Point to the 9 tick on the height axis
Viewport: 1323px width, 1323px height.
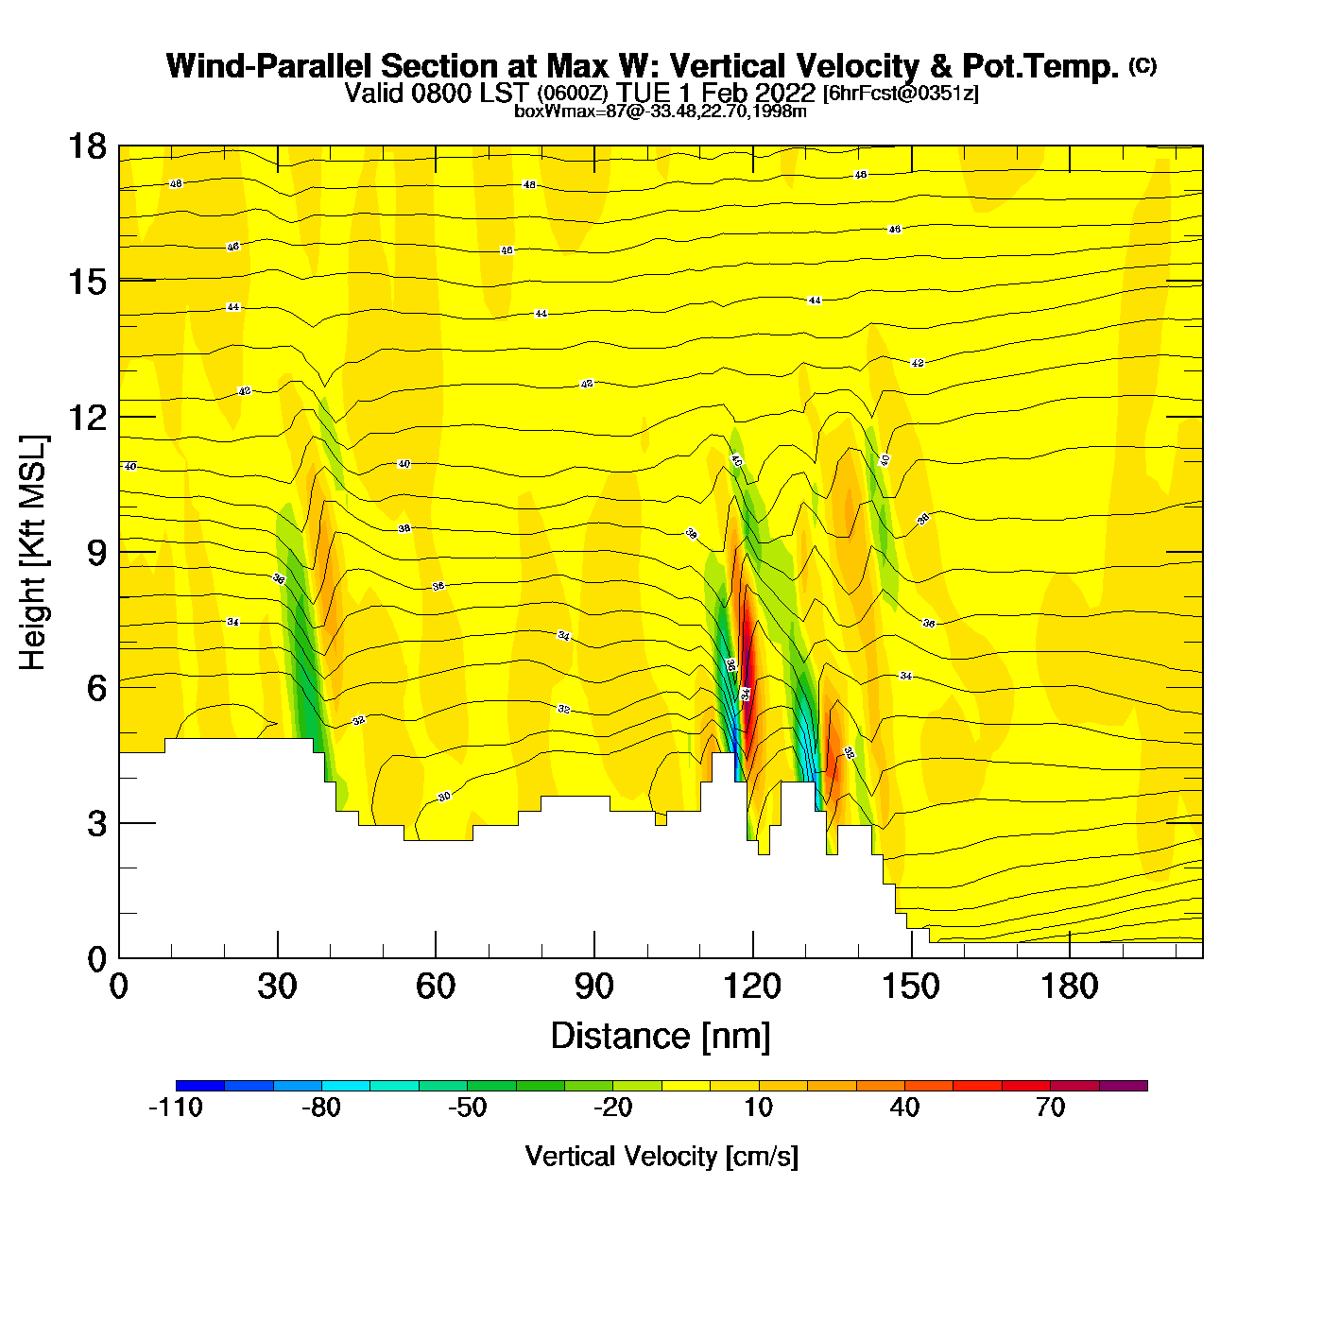click(x=119, y=552)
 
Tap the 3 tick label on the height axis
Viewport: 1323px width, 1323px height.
click(x=97, y=824)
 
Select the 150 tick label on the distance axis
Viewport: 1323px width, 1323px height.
click(x=911, y=987)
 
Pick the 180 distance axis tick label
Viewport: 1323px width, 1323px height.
click(x=1070, y=987)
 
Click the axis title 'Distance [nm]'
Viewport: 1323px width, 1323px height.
click(x=661, y=1036)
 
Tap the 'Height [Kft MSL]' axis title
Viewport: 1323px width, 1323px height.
click(x=33, y=553)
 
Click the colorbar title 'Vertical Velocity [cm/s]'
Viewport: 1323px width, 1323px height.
click(x=661, y=1156)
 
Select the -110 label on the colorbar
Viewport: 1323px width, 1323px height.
click(x=176, y=1108)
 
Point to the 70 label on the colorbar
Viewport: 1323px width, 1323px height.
click(x=1050, y=1108)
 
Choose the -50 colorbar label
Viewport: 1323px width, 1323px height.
click(x=467, y=1108)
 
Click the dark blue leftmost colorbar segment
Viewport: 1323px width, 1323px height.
click(x=200, y=1086)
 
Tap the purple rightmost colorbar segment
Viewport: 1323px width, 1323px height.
click(x=1124, y=1086)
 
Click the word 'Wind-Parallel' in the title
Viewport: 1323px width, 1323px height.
click(x=270, y=66)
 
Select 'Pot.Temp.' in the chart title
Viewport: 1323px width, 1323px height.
click(x=1040, y=66)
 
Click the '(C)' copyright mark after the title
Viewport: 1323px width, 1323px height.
click(x=1143, y=65)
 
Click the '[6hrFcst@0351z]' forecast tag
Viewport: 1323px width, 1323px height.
click(x=901, y=94)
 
